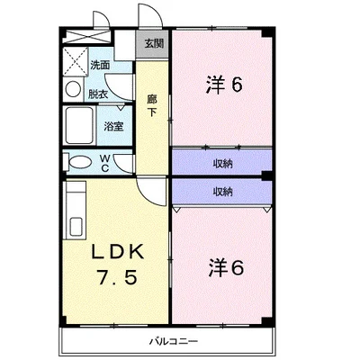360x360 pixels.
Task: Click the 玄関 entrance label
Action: [154, 44]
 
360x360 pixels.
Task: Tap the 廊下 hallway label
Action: [152, 105]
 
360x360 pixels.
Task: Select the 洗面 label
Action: [100, 65]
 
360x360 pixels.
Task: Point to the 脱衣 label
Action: [98, 94]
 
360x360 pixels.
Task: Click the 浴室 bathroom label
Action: [113, 127]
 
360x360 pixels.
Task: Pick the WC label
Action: [104, 164]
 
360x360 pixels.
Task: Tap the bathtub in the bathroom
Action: [79, 126]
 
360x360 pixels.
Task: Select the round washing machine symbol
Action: [73, 89]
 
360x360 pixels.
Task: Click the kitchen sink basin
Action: [76, 227]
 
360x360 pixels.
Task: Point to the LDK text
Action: [118, 252]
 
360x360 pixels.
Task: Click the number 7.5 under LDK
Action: [117, 277]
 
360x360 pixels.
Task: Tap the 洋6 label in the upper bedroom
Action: [224, 85]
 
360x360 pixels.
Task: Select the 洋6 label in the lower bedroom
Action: [226, 267]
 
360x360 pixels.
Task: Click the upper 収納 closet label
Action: [223, 164]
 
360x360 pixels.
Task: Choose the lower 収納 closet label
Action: [223, 192]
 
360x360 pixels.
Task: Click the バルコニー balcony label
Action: [174, 341]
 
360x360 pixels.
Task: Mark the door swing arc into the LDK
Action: [145, 197]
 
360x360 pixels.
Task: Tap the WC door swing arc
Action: [118, 166]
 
